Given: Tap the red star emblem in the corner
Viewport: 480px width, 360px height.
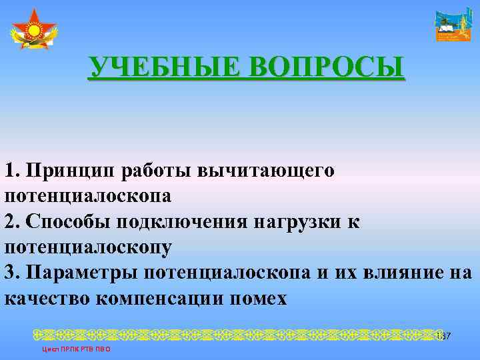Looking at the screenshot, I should coord(33,30).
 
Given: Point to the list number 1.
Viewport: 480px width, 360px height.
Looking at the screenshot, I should coord(10,171).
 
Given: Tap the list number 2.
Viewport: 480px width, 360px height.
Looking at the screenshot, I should coord(10,221).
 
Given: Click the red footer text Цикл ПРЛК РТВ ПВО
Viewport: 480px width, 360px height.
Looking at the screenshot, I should coord(75,349).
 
